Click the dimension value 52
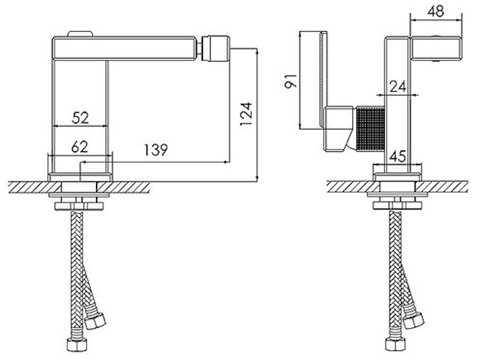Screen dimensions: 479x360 pos(80,118)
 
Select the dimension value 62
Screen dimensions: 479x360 pos(80,147)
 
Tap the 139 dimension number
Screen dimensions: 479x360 pos(156,149)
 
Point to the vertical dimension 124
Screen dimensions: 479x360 pos(246,113)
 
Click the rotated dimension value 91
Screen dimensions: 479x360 pos(291,80)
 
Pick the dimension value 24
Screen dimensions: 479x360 pos(398,86)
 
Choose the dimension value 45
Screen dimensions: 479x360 pos(398,157)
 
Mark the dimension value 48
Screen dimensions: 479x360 pos(436,11)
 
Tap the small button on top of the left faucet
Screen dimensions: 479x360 pos(80,34)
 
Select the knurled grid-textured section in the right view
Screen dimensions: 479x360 pos(369,128)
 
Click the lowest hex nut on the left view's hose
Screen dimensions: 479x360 pos(77,344)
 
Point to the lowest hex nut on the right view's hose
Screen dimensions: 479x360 pos(396,344)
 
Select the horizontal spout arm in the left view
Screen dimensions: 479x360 pos(124,48)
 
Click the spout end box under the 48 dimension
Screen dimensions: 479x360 pos(435,49)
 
